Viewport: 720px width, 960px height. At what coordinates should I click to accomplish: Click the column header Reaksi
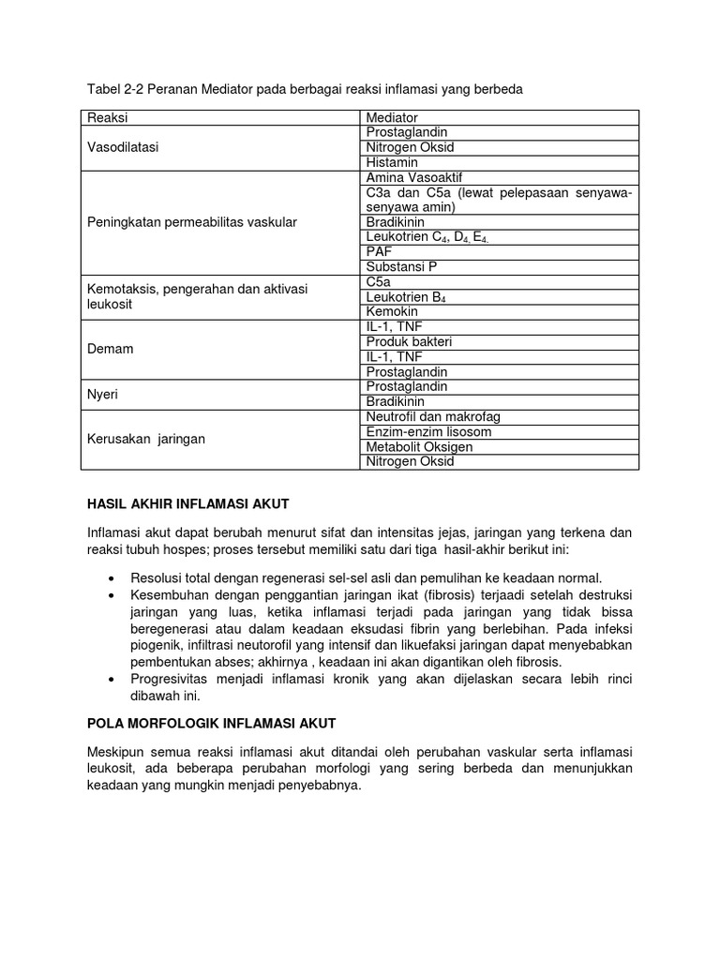tap(108, 117)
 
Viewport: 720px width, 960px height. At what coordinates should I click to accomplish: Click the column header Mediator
tap(392, 117)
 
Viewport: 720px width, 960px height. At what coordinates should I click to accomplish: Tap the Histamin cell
tap(392, 162)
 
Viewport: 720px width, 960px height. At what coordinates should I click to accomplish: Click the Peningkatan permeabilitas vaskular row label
tap(191, 222)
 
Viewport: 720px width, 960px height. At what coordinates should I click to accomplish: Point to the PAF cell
tap(380, 252)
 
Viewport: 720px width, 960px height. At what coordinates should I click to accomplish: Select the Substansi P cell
tap(401, 267)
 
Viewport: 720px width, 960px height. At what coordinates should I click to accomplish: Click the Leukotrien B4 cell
tap(406, 297)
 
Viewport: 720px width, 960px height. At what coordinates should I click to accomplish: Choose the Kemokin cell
tap(393, 312)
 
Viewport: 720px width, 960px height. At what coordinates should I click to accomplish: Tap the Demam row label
tap(111, 349)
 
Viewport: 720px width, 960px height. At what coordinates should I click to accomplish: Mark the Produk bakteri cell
tap(409, 342)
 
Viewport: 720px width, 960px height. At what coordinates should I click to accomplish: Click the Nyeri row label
tap(104, 395)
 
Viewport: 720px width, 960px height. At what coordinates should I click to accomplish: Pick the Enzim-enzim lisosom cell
tap(428, 432)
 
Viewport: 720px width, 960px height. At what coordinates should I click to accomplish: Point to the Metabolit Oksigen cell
tap(419, 447)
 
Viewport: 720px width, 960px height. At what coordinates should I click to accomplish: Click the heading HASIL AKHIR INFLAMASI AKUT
tap(187, 503)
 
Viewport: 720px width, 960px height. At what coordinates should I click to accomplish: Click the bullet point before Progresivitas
tap(112, 679)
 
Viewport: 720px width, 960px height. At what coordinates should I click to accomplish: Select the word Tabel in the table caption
tap(103, 89)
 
